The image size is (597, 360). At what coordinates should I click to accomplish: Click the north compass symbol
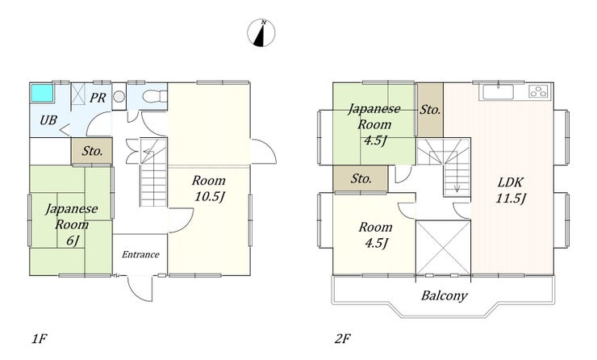click(261, 33)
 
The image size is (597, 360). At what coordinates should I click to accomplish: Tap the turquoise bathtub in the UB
click(42, 93)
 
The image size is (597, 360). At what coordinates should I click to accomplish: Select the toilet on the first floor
click(155, 96)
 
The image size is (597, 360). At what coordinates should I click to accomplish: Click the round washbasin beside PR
click(119, 96)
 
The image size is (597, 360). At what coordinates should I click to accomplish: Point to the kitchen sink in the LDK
click(498, 92)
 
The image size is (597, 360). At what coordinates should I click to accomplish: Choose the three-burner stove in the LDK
click(538, 92)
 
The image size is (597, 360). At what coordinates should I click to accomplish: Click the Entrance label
click(140, 254)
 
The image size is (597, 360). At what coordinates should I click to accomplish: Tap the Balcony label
click(444, 295)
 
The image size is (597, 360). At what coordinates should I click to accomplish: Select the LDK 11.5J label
click(511, 190)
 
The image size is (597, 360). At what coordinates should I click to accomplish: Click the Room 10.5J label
click(209, 188)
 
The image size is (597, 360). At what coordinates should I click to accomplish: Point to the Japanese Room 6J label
click(72, 224)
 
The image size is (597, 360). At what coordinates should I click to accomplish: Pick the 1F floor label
click(39, 338)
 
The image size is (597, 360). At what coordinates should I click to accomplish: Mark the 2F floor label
click(342, 338)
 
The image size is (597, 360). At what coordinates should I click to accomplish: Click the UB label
click(48, 120)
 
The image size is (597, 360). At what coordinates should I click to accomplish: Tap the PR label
click(98, 98)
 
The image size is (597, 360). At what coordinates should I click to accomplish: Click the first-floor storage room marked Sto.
click(92, 151)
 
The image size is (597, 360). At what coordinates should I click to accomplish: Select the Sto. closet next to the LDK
click(430, 110)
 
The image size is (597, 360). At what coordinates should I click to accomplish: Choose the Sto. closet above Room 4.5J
click(361, 178)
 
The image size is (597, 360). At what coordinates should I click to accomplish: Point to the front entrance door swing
click(140, 289)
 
